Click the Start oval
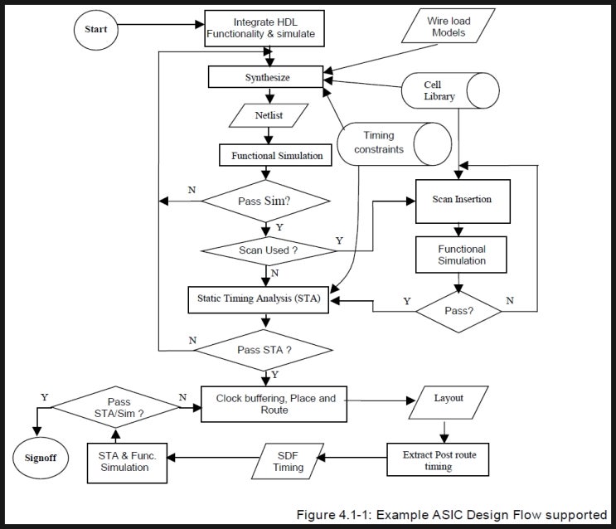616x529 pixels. click(96, 29)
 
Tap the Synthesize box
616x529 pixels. click(266, 77)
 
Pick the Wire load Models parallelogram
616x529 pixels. click(448, 26)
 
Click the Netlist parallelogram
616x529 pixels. click(269, 115)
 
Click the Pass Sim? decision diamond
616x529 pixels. click(266, 200)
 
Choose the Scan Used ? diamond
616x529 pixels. click(266, 250)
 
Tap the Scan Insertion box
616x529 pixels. click(462, 200)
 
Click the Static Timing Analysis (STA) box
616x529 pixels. click(259, 298)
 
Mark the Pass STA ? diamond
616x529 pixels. click(264, 349)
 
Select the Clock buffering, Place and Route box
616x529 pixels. click(274, 404)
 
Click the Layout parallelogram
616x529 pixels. click(448, 399)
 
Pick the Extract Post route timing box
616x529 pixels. click(439, 460)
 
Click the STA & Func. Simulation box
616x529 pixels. click(126, 461)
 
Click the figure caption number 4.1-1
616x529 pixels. click(361, 515)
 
